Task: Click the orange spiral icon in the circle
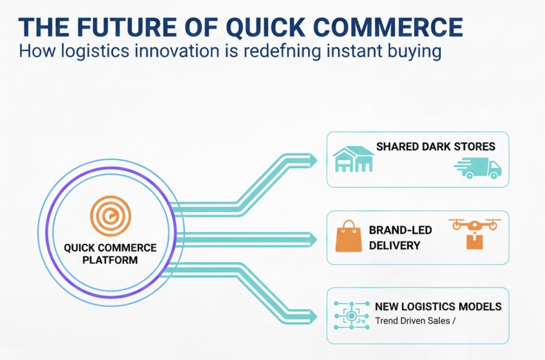point(110,213)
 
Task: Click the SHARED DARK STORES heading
point(435,146)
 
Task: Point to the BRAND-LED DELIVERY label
point(400,237)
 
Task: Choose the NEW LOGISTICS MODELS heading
point(438,307)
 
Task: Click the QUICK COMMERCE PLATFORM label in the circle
point(110,253)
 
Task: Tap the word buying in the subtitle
point(416,52)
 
